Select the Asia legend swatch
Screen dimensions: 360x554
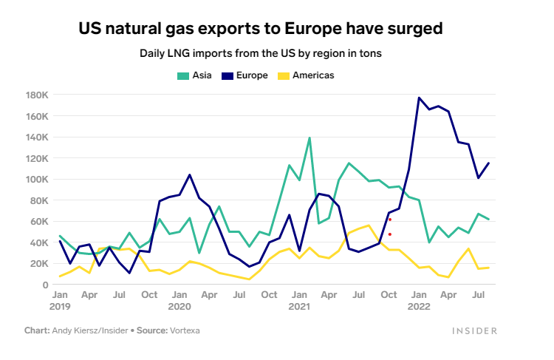point(182,75)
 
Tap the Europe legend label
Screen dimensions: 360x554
point(252,75)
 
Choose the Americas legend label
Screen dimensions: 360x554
point(313,75)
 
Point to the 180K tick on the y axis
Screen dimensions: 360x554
point(37,95)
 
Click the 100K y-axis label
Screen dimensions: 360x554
point(37,180)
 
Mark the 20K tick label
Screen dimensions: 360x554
point(39,264)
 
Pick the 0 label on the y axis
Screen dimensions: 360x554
point(45,285)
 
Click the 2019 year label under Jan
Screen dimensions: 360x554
point(59,305)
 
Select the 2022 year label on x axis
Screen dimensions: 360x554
point(419,305)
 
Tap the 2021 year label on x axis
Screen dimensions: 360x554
point(299,305)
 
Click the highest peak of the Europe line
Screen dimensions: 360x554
point(419,98)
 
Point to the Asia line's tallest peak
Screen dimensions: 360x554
point(310,137)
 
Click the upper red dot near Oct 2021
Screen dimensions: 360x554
point(389,220)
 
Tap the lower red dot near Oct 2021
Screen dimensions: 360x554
point(389,234)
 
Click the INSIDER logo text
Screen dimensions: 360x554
point(474,331)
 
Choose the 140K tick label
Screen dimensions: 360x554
point(37,137)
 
